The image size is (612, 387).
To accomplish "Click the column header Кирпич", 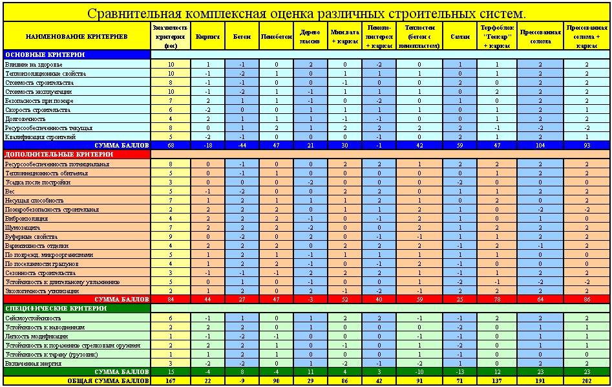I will pos(208,37).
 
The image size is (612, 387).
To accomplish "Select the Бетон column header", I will pos(242,37).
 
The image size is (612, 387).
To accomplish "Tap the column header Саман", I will pos(459,37).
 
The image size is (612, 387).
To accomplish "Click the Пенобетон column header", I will pos(276,37).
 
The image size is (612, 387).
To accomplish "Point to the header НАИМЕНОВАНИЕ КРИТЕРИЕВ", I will pos(76,37).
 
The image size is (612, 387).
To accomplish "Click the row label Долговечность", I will pos(26,119).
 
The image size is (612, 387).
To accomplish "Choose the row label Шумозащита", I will pos(23,227).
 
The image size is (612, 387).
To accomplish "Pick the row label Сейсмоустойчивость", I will pos(33,318).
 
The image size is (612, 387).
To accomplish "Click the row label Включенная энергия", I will pos(32,363).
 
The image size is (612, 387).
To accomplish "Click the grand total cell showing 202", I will pos(586,381).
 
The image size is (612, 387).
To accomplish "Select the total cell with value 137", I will pos(497,381).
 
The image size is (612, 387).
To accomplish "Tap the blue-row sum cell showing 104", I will pos(540,146).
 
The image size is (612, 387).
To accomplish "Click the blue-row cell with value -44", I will pos(242,146).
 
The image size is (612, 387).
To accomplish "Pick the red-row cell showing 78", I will pos(497,300).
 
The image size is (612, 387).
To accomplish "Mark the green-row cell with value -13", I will pos(459,372).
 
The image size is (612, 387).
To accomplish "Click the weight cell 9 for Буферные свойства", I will pos(171,236).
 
